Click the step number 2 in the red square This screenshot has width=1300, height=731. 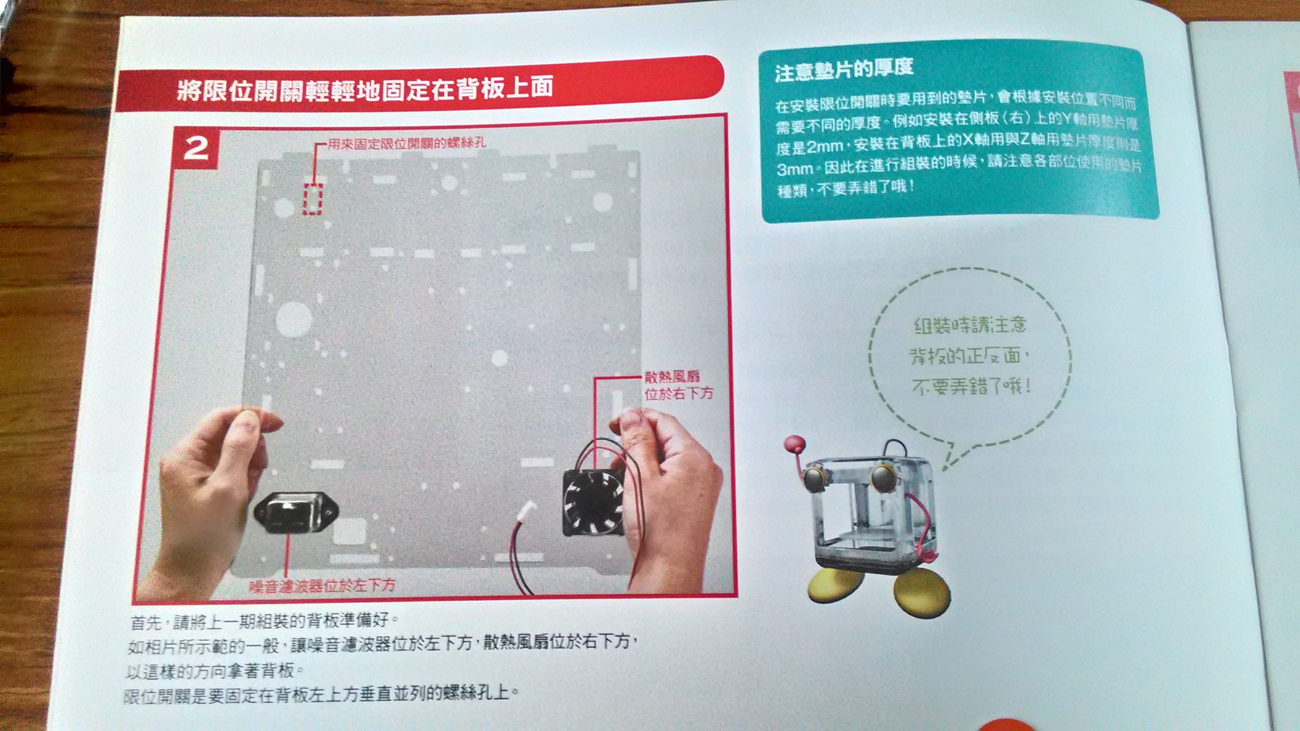195,148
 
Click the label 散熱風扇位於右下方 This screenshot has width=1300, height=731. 678,385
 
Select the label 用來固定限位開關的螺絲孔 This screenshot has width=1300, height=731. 407,143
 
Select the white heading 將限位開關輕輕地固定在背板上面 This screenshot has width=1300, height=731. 365,89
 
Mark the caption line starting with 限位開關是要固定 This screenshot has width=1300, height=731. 321,695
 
